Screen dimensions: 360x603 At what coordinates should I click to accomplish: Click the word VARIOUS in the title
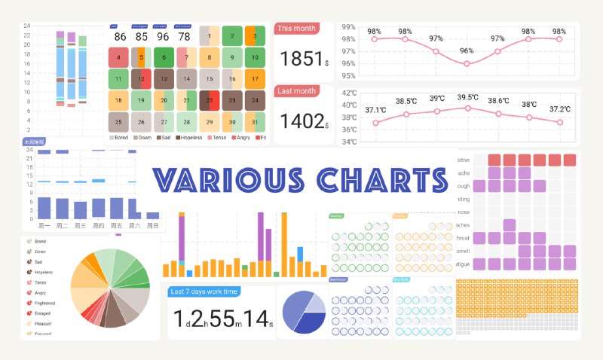click(231, 180)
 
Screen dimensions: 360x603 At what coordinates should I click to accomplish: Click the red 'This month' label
click(296, 29)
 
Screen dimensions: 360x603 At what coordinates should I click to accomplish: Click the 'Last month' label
click(296, 90)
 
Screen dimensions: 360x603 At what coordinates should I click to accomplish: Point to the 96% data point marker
click(467, 64)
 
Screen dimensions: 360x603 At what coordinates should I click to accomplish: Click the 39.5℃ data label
click(467, 97)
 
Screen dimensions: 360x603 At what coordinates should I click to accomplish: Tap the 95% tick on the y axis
click(349, 75)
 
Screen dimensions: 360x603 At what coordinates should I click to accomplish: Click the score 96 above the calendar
click(163, 36)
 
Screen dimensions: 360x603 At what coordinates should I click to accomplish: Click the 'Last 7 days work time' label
click(204, 291)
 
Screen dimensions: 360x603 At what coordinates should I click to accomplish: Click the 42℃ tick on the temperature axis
click(349, 93)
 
